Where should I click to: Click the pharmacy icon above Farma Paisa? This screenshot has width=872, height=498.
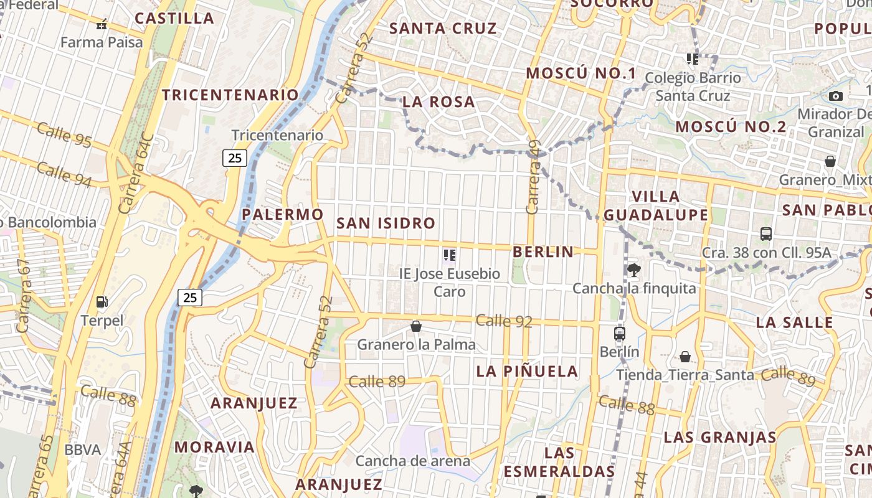102,25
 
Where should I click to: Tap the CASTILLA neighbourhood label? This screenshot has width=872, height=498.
174,18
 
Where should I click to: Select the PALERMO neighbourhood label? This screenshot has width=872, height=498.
283,214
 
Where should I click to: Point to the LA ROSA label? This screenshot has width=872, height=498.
438,101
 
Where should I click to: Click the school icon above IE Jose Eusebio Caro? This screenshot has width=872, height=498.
450,255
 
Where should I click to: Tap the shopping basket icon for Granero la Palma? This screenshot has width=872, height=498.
416,326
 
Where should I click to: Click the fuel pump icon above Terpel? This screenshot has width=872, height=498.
102,302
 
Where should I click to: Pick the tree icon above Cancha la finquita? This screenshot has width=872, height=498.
634,270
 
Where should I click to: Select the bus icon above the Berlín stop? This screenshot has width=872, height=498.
619,333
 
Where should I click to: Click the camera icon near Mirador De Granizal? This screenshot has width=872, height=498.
836,96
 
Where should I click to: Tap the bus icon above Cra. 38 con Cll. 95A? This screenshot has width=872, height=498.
766,234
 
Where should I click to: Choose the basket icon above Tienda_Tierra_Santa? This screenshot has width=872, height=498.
685,357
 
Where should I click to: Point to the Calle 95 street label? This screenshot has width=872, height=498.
64,135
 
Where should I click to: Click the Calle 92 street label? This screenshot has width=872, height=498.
504,321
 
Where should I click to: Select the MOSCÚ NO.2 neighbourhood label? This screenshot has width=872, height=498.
731,127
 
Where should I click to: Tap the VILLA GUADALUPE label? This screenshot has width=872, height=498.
656,206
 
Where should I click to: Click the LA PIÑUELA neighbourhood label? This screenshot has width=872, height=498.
527,372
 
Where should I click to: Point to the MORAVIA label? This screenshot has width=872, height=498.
214,447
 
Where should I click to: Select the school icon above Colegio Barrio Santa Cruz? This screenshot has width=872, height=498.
693,59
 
